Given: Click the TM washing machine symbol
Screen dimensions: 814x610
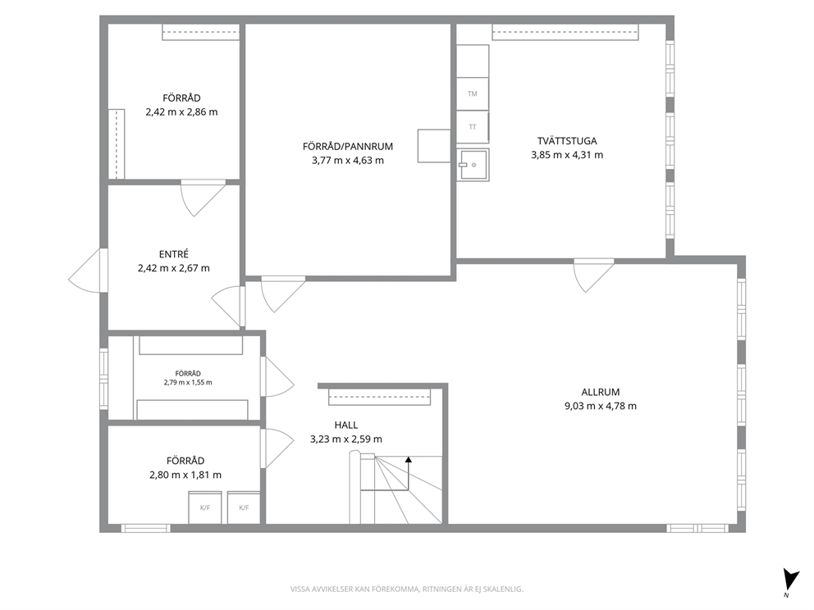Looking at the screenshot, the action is [x=473, y=94].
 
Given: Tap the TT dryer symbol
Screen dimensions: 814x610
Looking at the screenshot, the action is [x=473, y=126].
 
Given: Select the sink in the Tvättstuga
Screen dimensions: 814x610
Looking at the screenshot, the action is [x=473, y=165].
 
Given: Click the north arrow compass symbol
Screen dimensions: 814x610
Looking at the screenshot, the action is [x=791, y=581].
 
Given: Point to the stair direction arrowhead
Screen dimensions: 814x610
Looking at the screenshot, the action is [x=409, y=459].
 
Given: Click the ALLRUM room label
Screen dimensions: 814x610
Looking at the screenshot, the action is [x=601, y=392].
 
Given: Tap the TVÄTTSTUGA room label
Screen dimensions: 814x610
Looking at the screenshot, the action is [x=567, y=140].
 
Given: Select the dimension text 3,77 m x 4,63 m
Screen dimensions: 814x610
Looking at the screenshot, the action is [x=348, y=160].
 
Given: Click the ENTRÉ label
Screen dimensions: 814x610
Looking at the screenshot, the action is [x=174, y=254].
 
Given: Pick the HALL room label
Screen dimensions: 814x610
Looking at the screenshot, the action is [x=346, y=426].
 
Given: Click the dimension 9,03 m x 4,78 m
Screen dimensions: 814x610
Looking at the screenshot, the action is [x=601, y=406].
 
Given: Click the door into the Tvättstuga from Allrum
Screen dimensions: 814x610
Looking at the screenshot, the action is [x=594, y=275].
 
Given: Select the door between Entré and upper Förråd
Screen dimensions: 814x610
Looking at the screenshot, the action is [x=203, y=198].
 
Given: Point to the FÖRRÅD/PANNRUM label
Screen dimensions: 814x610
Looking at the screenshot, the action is [x=348, y=146].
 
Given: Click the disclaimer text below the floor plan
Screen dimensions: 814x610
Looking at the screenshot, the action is [x=406, y=589].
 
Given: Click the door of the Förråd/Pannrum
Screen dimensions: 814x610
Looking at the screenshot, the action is [x=283, y=294].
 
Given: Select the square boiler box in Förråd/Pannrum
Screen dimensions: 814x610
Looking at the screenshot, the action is [x=434, y=146].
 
